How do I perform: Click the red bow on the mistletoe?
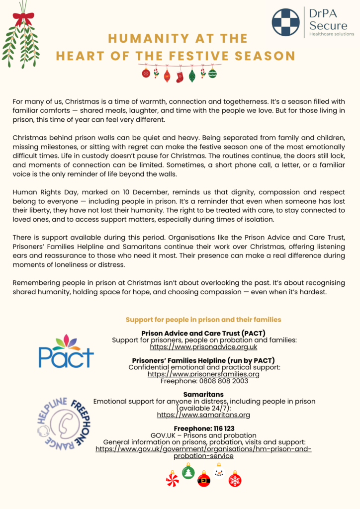click(23, 19)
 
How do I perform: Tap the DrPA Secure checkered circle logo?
click(285, 22)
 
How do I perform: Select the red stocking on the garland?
click(180, 76)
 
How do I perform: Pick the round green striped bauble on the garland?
click(212, 74)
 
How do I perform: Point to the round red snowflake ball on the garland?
click(146, 73)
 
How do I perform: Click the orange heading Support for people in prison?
click(203, 320)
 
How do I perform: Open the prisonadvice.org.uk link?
click(203, 347)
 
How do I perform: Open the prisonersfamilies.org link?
click(203, 374)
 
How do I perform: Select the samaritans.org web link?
click(203, 415)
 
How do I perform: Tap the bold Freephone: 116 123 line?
click(203, 428)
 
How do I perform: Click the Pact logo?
click(66, 350)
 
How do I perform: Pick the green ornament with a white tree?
click(188, 472)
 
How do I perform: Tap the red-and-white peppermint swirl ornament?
click(172, 479)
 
